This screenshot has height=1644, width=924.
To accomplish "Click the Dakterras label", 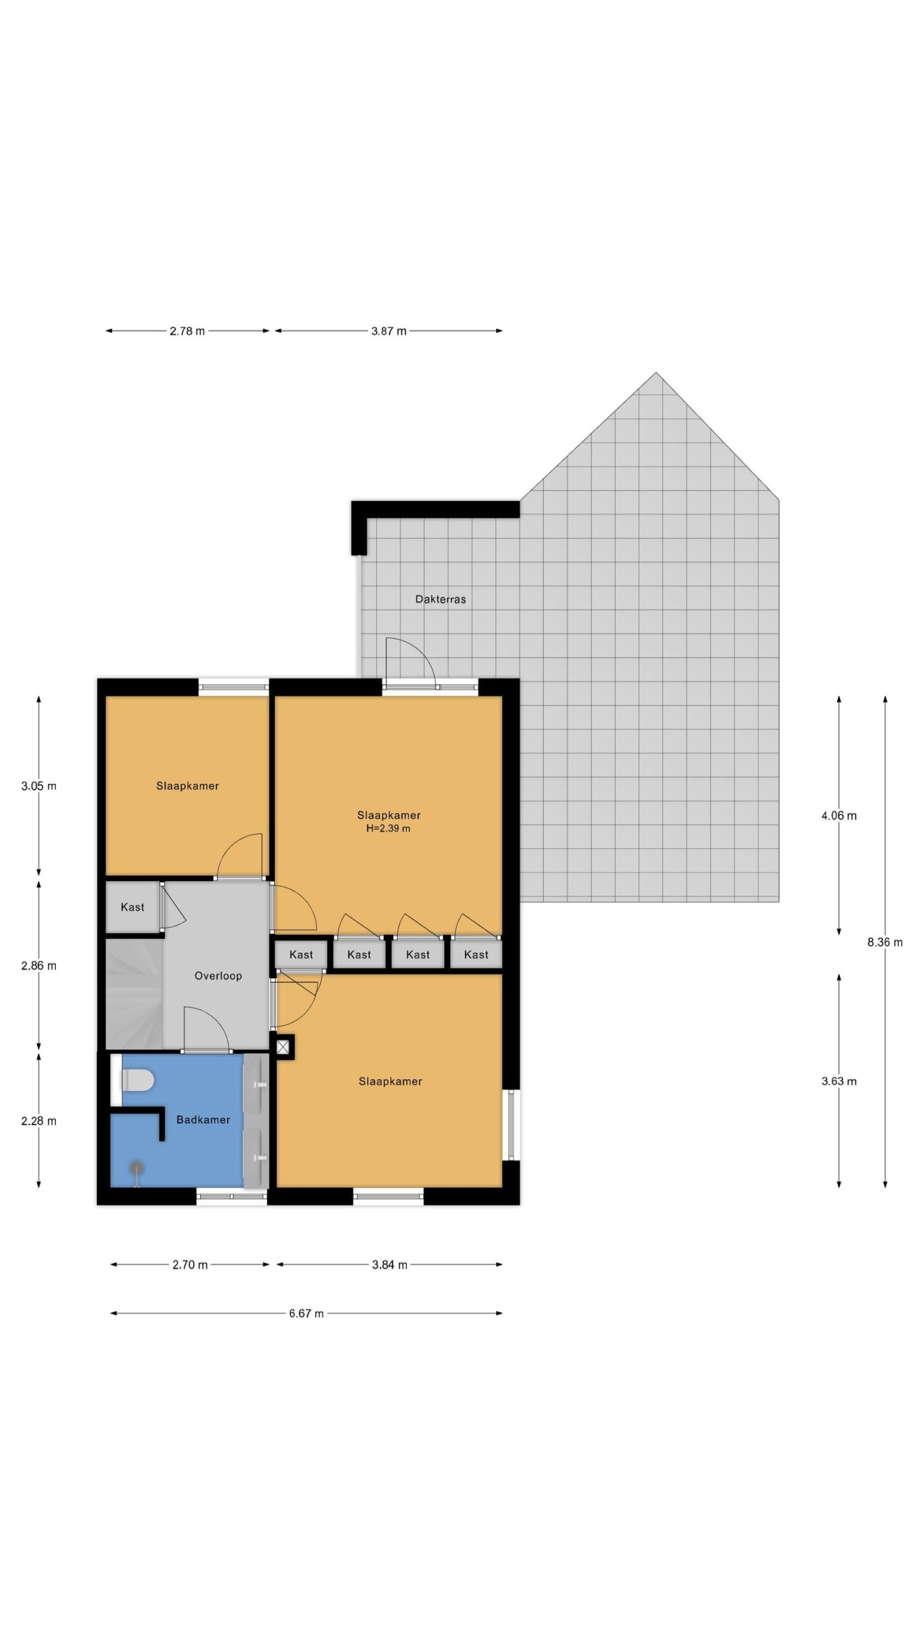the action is [x=440, y=599].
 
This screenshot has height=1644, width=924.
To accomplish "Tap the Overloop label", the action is [x=218, y=975].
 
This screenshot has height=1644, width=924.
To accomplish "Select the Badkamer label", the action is [x=203, y=1119].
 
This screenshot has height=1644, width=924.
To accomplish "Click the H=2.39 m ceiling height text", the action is [x=388, y=828].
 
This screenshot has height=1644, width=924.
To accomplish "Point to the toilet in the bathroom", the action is [x=137, y=1080].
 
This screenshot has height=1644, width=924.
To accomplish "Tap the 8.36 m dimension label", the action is [x=885, y=942].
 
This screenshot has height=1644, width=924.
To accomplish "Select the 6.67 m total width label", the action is [x=306, y=1313].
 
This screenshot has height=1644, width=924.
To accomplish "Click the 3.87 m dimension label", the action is [x=389, y=331].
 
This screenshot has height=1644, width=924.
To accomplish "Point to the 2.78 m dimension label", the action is [x=187, y=331].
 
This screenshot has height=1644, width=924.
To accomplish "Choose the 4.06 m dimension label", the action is [x=839, y=816].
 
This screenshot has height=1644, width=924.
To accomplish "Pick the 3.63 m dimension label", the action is [x=839, y=1081].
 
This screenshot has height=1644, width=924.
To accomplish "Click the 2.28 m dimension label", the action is [x=38, y=1121].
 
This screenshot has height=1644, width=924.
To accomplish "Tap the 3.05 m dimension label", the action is [x=38, y=785].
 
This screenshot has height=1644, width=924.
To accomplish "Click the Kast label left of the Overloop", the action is [x=132, y=907].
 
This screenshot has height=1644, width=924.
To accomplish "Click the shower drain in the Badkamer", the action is [x=136, y=1167].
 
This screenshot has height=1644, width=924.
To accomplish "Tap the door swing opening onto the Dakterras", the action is [x=411, y=663].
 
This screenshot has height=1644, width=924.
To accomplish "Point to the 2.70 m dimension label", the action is [x=190, y=1264].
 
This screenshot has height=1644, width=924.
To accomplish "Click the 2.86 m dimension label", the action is [x=38, y=965].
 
